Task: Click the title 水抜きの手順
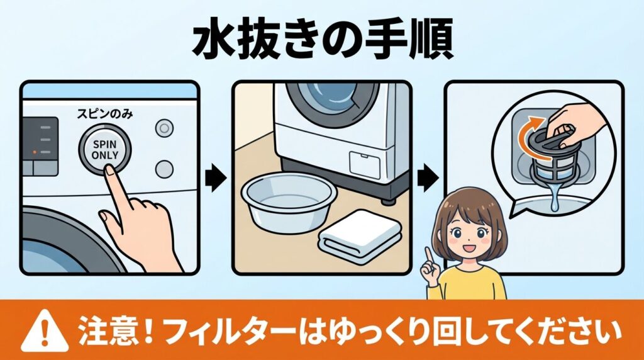(x=322, y=43)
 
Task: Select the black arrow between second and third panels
(x=429, y=177)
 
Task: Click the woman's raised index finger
(x=428, y=253)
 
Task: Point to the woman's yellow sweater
(x=474, y=284)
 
